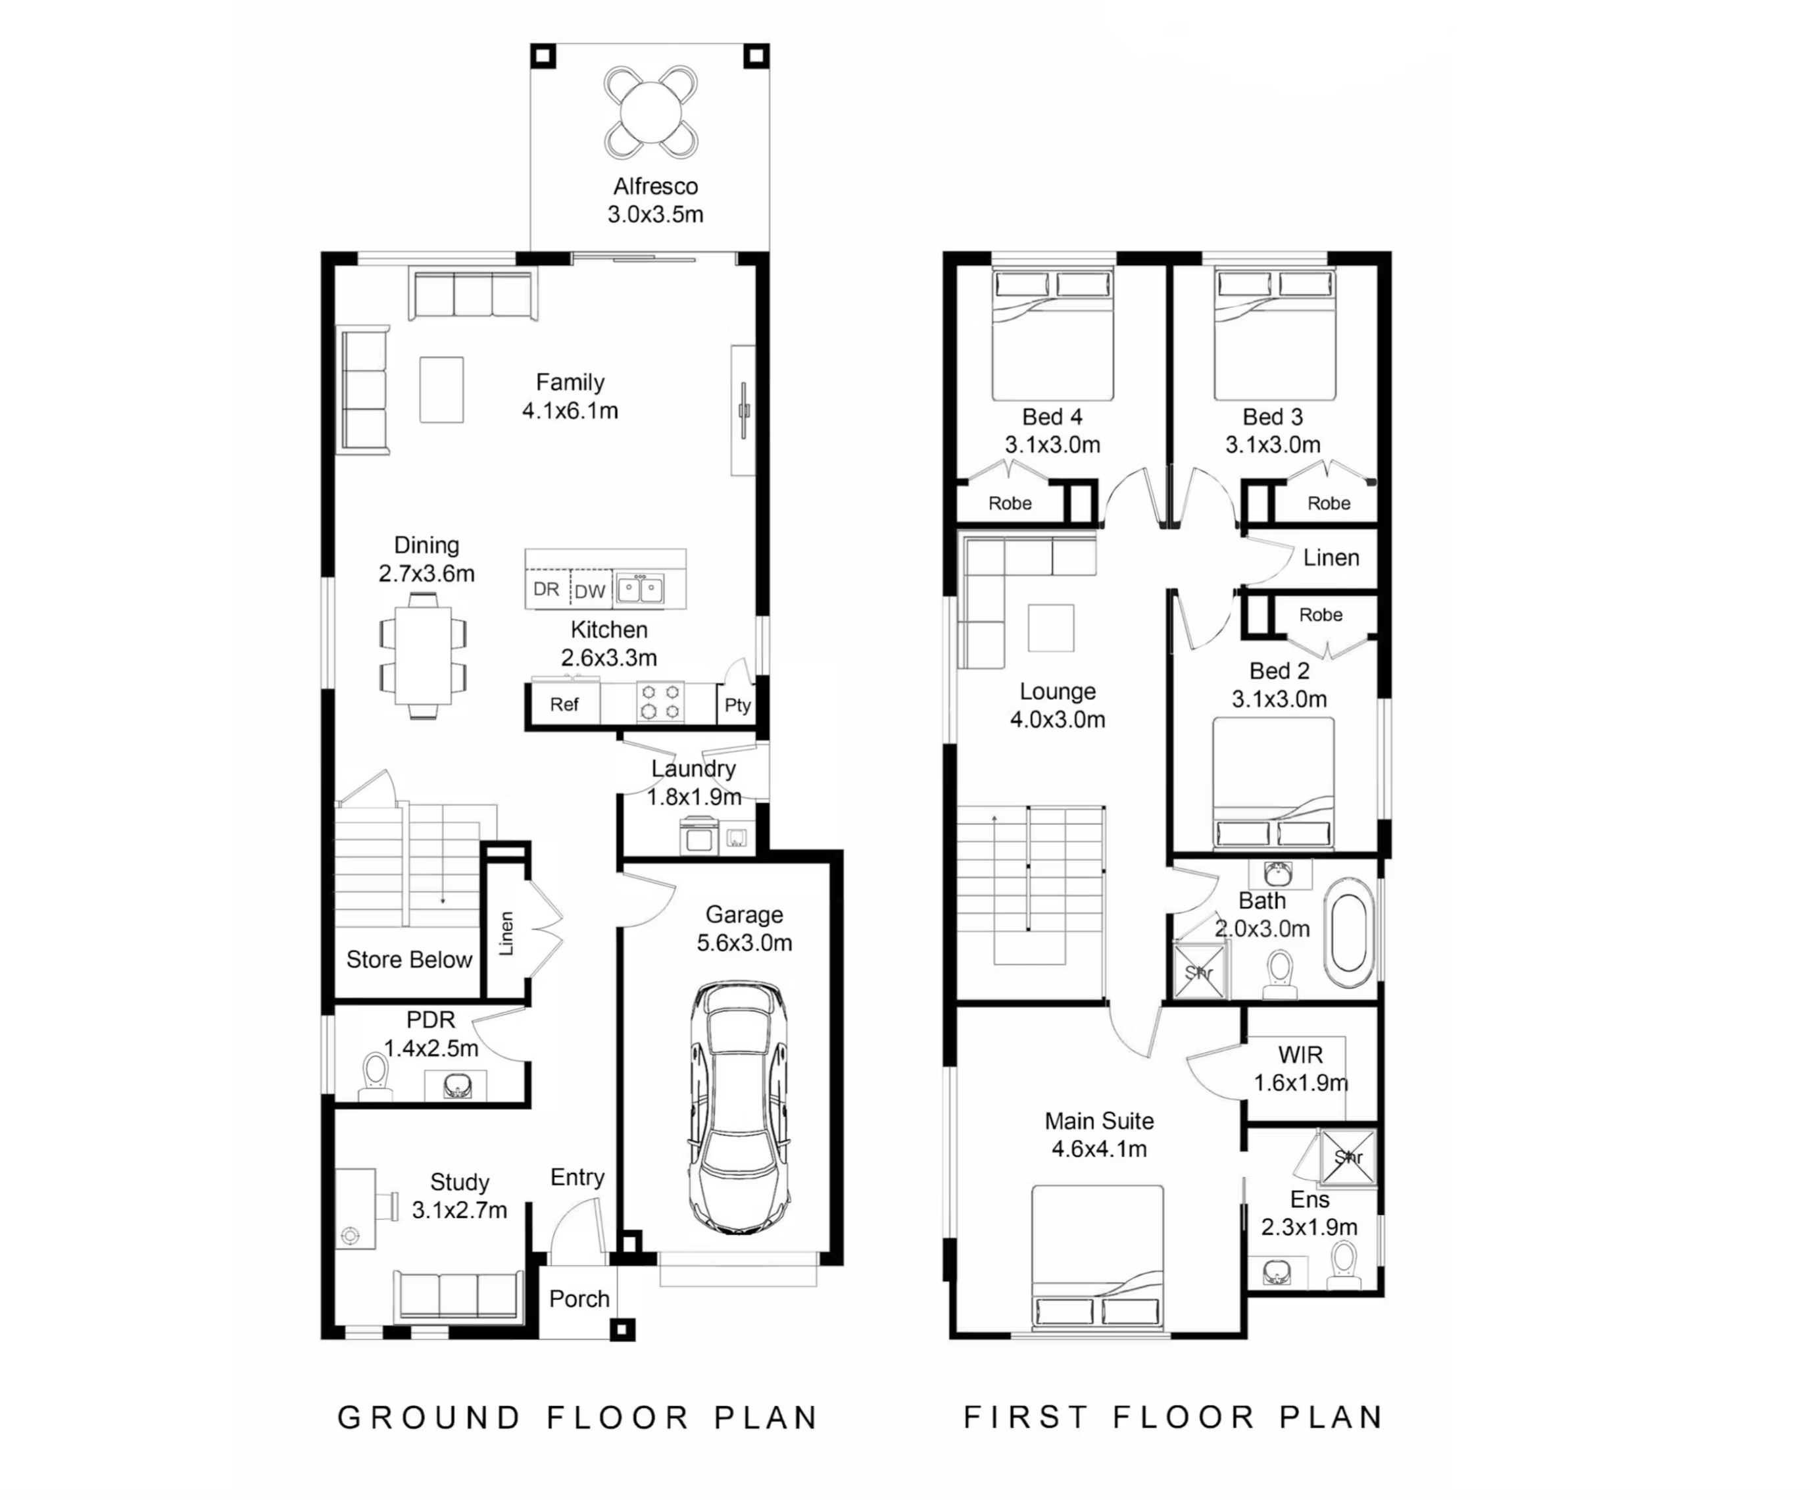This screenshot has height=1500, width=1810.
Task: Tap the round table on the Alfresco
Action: click(x=650, y=112)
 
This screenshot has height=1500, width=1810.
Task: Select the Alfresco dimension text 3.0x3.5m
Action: click(x=655, y=214)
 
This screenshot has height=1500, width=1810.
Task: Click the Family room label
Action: click(x=570, y=382)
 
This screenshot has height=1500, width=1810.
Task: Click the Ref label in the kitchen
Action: click(x=564, y=705)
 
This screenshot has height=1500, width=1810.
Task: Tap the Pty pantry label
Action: click(x=737, y=705)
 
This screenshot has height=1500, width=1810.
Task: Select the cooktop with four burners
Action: click(x=660, y=701)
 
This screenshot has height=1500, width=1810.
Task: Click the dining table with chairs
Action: click(x=423, y=656)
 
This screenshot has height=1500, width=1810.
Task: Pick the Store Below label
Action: click(x=408, y=959)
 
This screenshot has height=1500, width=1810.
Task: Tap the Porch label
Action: click(x=579, y=1298)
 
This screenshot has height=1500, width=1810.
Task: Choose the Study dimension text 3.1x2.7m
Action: click(x=459, y=1211)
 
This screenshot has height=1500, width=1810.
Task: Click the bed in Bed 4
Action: click(x=1052, y=334)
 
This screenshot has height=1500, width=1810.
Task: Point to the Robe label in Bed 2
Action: click(x=1321, y=614)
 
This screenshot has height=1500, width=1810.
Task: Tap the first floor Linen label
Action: click(x=1331, y=558)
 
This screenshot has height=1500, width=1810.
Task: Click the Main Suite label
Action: click(x=1099, y=1120)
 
